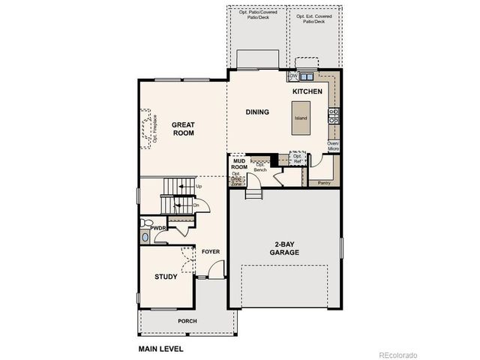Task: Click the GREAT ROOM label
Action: (x=183, y=128)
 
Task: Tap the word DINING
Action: (x=257, y=112)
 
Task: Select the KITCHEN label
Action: (x=307, y=91)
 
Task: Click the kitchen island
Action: (x=300, y=118)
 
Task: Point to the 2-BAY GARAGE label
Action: (x=285, y=249)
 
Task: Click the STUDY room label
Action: (x=166, y=277)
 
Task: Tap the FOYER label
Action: (x=211, y=252)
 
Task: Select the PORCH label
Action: (x=187, y=321)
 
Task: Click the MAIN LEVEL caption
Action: (x=160, y=349)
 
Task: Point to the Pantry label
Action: (x=324, y=182)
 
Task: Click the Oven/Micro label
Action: (x=334, y=146)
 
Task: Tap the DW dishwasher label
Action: (x=294, y=76)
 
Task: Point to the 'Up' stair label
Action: (x=199, y=186)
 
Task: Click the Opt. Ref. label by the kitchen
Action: (x=297, y=158)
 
